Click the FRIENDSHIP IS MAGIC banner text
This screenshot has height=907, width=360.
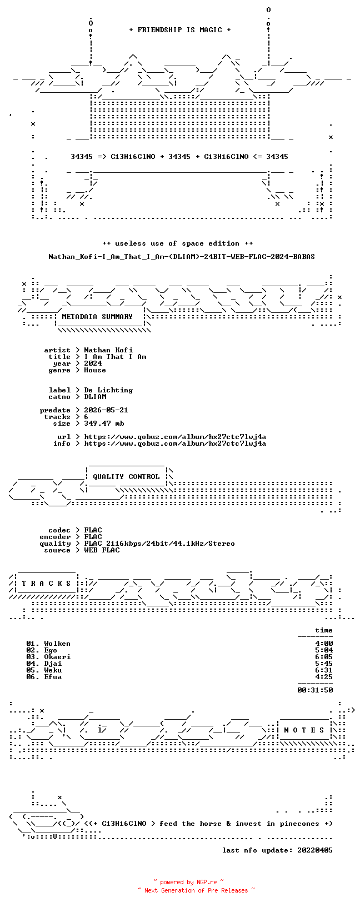click(x=180, y=30)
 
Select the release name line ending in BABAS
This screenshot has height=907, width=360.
click(x=182, y=257)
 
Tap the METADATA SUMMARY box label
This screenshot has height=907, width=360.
click(x=97, y=317)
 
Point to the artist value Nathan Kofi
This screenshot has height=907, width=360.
click(x=108, y=350)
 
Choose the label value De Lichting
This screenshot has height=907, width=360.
click(x=108, y=390)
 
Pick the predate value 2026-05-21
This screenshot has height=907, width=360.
click(x=106, y=410)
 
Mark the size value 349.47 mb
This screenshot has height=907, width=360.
click(x=104, y=423)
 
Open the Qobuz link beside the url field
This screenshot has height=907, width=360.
click(x=175, y=437)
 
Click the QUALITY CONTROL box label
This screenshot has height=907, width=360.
click(x=126, y=477)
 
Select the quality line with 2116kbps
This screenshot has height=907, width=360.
click(x=159, y=544)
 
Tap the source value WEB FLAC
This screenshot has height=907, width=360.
click(x=102, y=550)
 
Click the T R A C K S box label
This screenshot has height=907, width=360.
click(x=46, y=584)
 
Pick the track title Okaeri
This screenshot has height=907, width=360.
click(x=57, y=657)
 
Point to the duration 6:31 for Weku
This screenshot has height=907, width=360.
click(x=324, y=670)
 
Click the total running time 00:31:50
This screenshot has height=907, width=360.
click(x=315, y=690)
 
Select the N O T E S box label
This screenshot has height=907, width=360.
click(x=304, y=730)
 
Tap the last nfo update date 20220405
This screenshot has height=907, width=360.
click(x=315, y=850)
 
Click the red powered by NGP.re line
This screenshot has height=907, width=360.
click(x=188, y=882)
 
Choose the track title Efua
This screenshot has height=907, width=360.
click(x=53, y=676)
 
